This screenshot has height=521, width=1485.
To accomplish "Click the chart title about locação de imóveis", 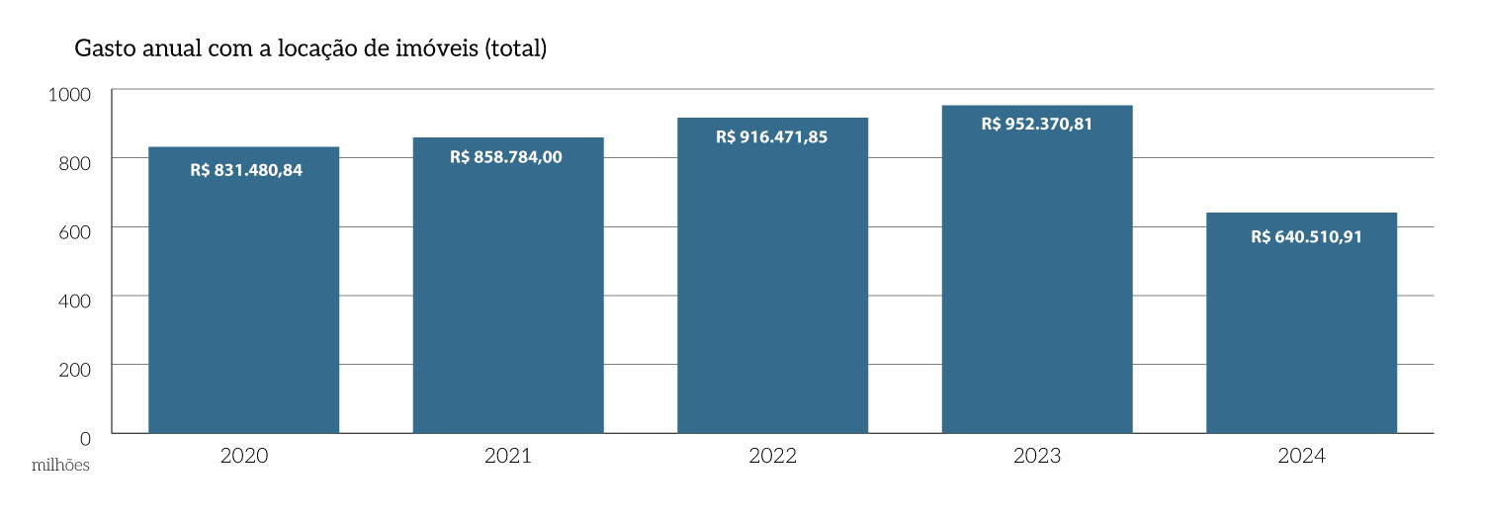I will click(310, 48).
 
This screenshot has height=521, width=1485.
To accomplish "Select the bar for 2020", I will click(243, 297).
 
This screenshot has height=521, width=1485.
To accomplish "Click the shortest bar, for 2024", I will click(1301, 326).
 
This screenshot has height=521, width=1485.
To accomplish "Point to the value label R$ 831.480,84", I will click(246, 170).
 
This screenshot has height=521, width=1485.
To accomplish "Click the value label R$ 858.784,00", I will click(506, 156).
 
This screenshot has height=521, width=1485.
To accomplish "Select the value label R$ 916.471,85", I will click(772, 137).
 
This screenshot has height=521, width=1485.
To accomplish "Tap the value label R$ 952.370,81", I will click(1036, 124).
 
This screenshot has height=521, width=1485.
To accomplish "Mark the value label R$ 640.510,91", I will click(1306, 236).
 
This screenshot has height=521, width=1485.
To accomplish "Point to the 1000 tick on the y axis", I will click(68, 94).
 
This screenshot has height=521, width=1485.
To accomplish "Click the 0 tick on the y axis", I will click(85, 437).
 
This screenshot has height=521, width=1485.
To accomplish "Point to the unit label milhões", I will click(60, 465).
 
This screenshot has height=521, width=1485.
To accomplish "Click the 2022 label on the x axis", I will click(772, 456).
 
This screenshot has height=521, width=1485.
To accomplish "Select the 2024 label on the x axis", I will click(1301, 456).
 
